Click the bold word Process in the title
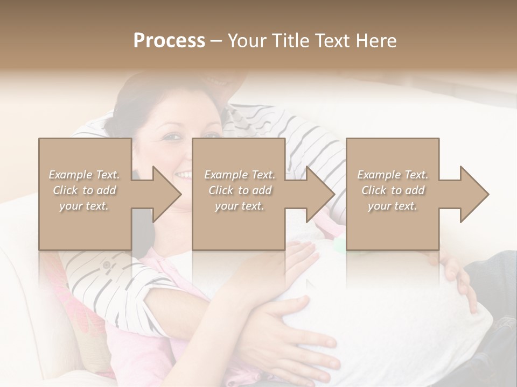coord(169,41)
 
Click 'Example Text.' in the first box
coord(84,175)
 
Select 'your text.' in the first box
coord(84,206)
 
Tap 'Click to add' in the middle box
coord(240,190)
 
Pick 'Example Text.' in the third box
coord(393,175)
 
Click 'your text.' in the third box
coord(393,206)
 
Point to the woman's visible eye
coord(171,138)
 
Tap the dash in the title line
coord(216,41)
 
